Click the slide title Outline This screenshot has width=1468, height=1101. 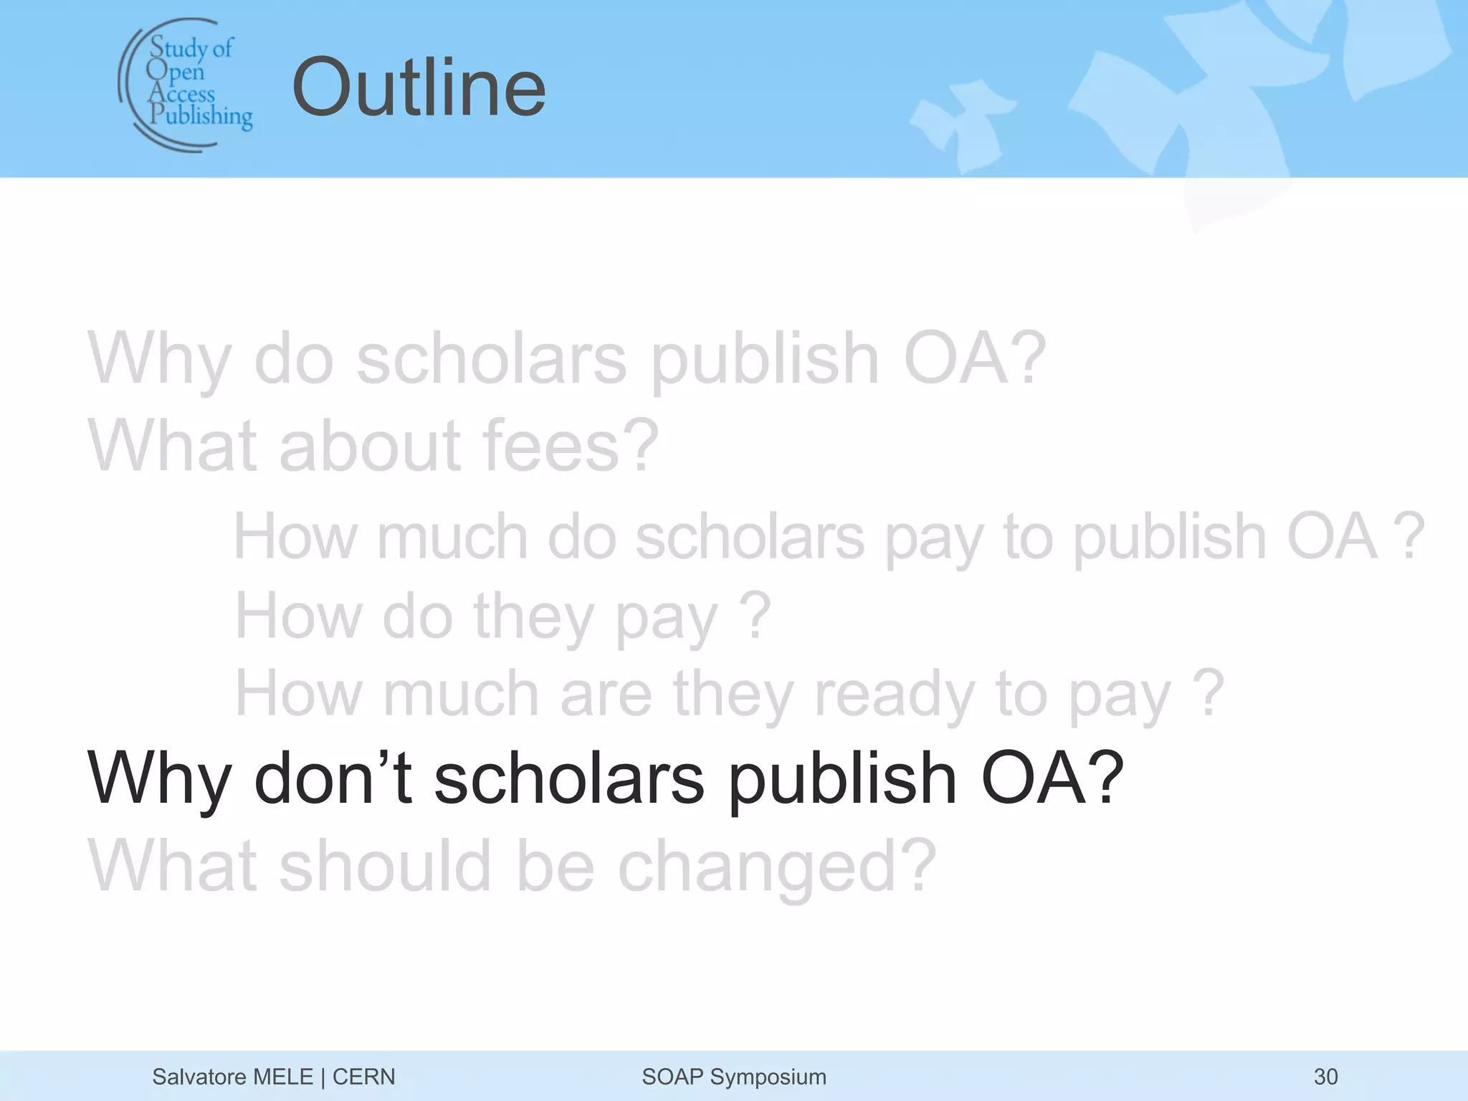419,87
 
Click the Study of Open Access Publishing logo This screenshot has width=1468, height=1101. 186,85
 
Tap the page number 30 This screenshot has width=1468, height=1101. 1325,1077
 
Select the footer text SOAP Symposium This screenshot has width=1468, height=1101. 733,1077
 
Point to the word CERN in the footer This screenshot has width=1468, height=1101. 363,1077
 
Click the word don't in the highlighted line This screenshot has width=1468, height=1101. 333,778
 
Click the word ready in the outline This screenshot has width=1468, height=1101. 895,693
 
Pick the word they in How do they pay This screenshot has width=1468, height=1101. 533,616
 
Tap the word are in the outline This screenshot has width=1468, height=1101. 606,693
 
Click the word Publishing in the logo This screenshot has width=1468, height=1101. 201,115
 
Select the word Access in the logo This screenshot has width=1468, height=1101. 182,93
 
